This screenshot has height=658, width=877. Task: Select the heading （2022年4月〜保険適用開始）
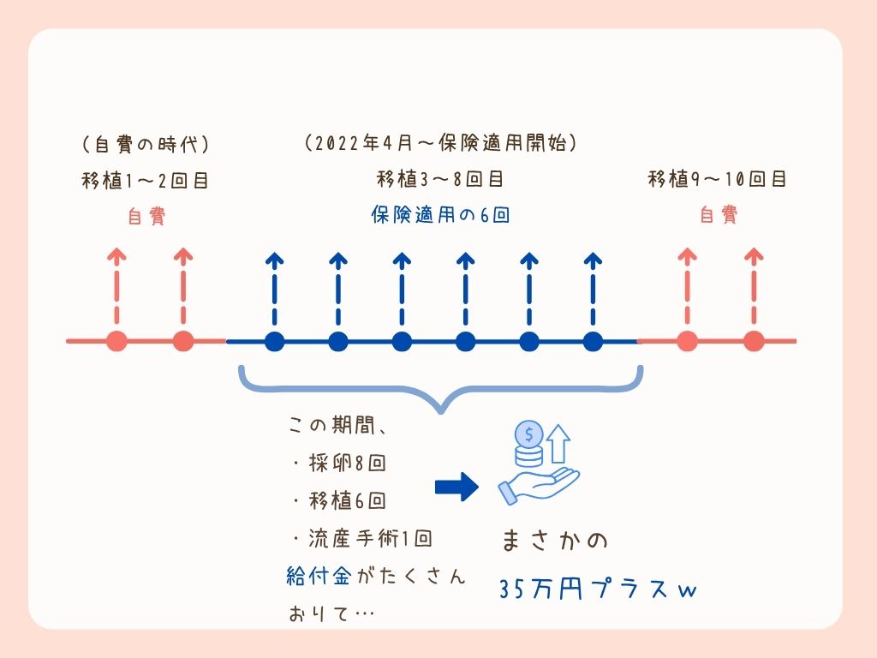(x=440, y=144)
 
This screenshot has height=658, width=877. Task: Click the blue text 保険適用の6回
(x=440, y=215)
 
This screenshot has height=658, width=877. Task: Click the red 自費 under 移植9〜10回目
(x=718, y=215)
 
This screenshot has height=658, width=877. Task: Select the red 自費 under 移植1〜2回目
(x=146, y=217)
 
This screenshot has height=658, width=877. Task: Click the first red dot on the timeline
(x=117, y=341)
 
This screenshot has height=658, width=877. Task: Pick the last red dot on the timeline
(x=754, y=341)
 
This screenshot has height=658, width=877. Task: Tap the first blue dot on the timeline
(x=274, y=342)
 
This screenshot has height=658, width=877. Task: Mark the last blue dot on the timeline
(x=594, y=342)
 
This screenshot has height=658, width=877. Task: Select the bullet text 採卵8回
(x=339, y=463)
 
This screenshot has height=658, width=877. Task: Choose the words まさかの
(x=555, y=542)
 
